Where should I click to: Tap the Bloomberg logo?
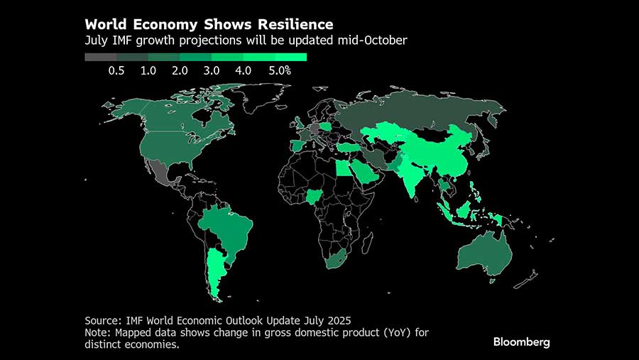tap(521, 342)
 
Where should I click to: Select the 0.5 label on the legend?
tap(116, 70)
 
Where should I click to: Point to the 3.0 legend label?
tap(212, 70)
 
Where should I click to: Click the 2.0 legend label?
tap(180, 70)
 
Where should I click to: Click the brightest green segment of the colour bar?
tap(291, 57)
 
